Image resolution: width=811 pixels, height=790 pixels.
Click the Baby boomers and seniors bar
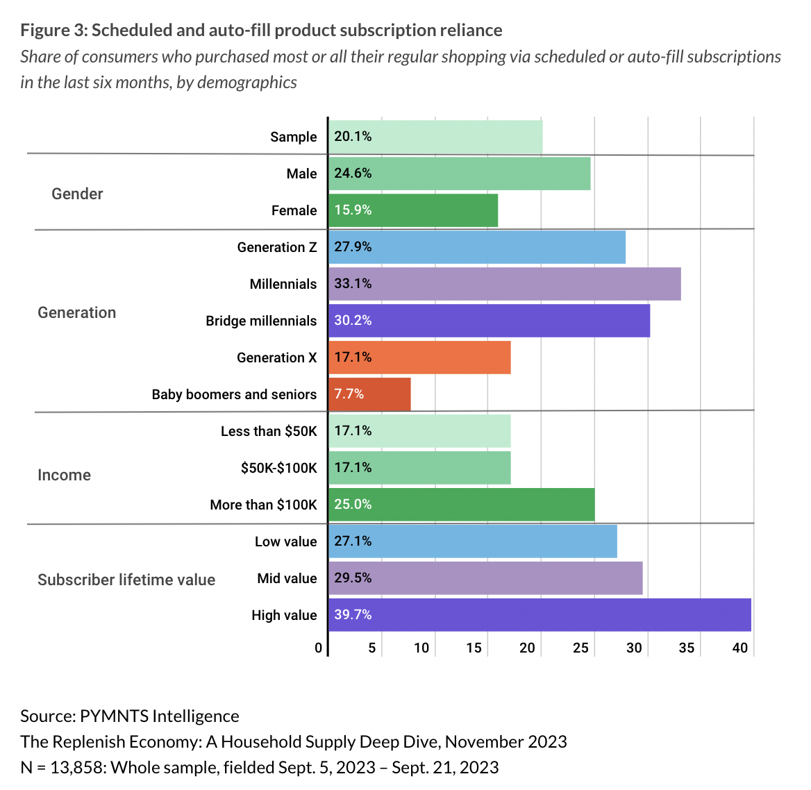(369, 394)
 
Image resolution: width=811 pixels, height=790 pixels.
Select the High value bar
(540, 615)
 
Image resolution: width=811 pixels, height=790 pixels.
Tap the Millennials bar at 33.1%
(505, 284)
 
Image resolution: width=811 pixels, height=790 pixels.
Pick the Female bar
(413, 210)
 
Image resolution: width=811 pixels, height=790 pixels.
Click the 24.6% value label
(353, 174)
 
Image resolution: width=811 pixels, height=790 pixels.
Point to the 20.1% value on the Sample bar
(353, 137)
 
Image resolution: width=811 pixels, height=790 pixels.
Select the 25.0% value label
(353, 505)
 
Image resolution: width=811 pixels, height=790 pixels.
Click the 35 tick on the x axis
(686, 648)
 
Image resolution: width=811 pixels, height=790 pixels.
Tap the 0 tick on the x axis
(318, 648)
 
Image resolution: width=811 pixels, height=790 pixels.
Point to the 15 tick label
(474, 648)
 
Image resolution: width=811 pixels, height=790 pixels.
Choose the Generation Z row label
(276, 247)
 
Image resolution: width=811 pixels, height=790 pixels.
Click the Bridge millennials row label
(261, 321)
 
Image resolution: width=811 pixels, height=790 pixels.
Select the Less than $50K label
(269, 431)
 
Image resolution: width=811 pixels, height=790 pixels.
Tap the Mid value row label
(287, 578)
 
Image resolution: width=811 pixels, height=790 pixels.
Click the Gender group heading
(77, 194)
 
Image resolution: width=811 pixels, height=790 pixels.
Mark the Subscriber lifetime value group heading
(126, 580)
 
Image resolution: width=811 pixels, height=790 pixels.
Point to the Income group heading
(64, 475)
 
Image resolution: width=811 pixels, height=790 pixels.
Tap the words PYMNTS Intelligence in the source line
(159, 716)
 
